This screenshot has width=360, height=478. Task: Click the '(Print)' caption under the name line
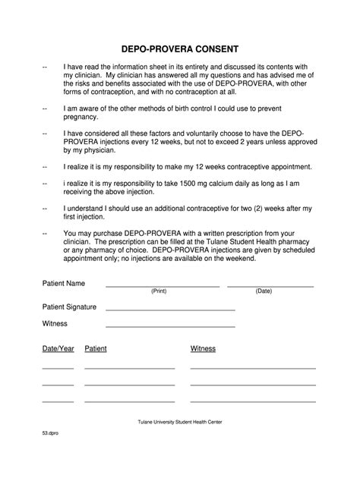coord(159,291)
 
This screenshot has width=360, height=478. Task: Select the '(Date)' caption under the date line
coord(264,291)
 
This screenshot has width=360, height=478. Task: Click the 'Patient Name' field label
coord(63,284)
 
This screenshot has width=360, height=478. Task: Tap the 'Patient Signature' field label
coord(69,307)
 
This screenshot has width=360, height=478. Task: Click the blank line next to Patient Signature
coord(170,310)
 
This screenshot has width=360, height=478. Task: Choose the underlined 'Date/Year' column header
coord(58,349)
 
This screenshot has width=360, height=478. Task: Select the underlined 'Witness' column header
coord(203,349)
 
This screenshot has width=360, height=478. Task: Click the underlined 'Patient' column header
coord(96,349)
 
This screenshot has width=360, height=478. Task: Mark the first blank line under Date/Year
coord(58,368)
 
